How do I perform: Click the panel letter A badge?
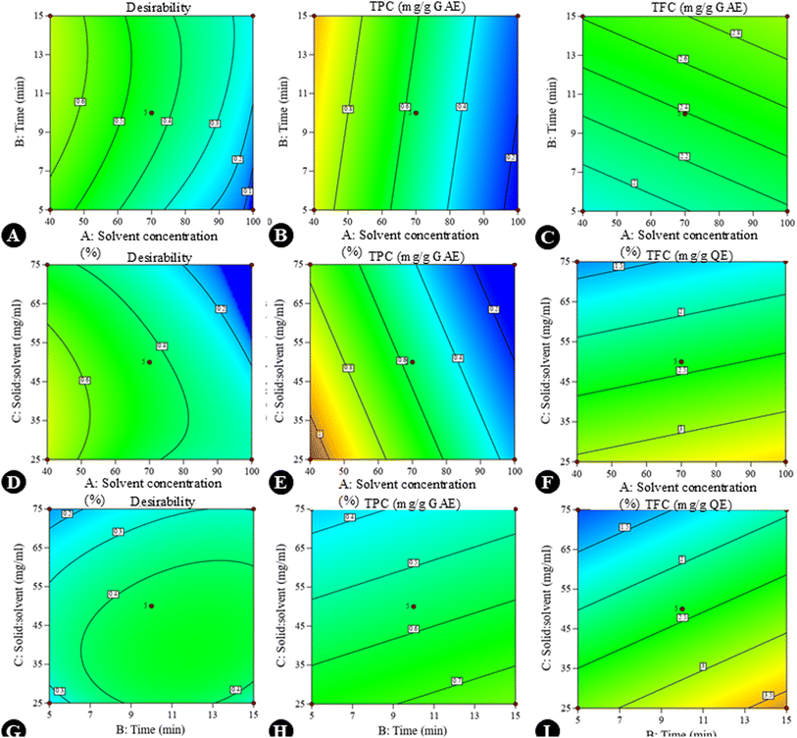[x=13, y=236]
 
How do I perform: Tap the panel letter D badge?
[x=13, y=483]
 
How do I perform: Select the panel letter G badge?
[x=13, y=728]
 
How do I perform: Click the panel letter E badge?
[x=282, y=483]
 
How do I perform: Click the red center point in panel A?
[x=151, y=113]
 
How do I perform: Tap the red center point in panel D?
[x=151, y=362]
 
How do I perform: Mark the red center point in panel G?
[x=151, y=606]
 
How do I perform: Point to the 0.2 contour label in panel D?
[x=222, y=309]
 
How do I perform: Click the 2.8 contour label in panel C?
[x=736, y=33]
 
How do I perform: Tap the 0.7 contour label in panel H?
[x=456, y=680]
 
